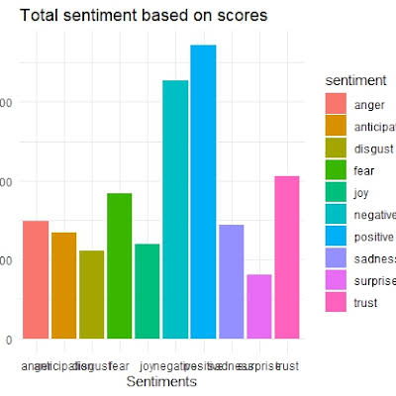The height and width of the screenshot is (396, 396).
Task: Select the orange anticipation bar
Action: (x=63, y=286)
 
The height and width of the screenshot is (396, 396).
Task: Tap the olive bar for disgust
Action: (x=91, y=295)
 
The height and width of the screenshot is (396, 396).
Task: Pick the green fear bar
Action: (x=120, y=266)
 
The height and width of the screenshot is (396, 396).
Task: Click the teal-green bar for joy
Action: (x=148, y=292)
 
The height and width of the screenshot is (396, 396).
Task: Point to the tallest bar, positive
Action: (x=203, y=192)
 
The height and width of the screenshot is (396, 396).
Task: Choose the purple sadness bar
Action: (x=231, y=282)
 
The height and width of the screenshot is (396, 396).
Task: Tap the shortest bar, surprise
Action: (x=259, y=307)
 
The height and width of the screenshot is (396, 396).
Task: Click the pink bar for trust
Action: (x=287, y=257)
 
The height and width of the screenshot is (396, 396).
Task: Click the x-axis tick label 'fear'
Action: (x=120, y=365)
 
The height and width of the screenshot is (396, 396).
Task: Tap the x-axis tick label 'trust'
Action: (x=287, y=365)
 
